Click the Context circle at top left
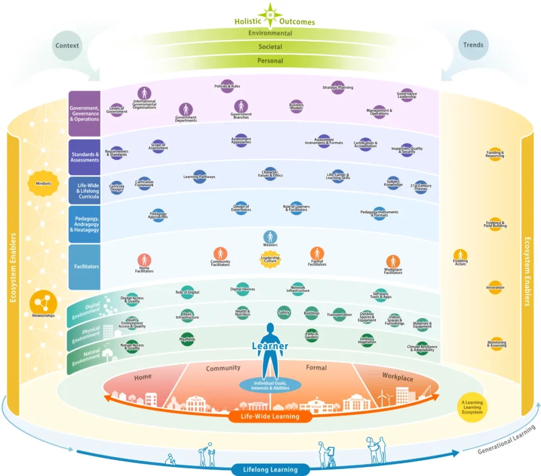(67, 45)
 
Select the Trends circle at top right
(473, 45)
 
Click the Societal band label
(270, 47)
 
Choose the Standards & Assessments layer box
(85, 157)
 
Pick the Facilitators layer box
(85, 267)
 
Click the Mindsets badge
(43, 184)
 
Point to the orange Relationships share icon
(43, 303)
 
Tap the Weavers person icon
(270, 237)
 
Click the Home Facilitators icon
(144, 261)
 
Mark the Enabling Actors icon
(460, 255)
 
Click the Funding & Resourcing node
(495, 154)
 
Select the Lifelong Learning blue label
(270, 469)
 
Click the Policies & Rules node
(227, 86)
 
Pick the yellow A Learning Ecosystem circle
(472, 407)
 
